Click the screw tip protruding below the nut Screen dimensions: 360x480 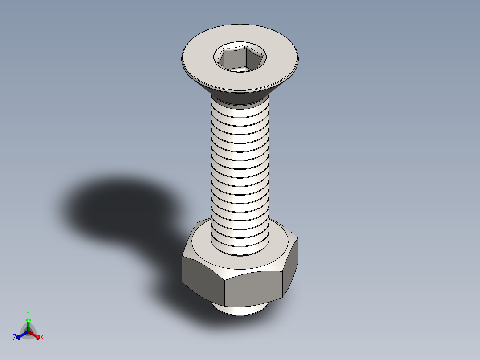coord(240,310)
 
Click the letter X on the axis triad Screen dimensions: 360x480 coord(42,338)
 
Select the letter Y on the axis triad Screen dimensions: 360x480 coord(28,313)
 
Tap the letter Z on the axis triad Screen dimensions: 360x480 coord(15,337)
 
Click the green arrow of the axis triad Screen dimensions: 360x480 coord(28,323)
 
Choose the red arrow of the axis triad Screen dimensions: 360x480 coord(36,335)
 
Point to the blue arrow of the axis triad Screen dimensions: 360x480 coord(20,335)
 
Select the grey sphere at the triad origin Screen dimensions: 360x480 coord(28,332)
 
